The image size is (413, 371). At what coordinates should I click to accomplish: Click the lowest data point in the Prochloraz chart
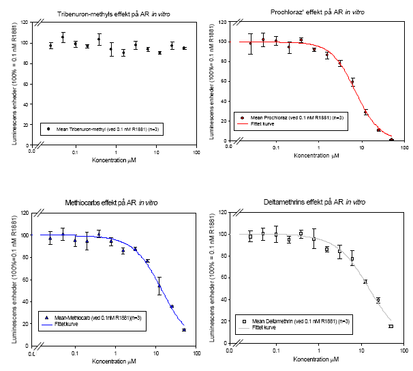(391, 140)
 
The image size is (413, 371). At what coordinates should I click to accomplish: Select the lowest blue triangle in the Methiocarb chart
(184, 330)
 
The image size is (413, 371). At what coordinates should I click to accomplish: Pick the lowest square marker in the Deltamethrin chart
(391, 327)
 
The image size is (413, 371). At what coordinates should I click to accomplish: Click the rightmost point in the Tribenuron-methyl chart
(184, 48)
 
